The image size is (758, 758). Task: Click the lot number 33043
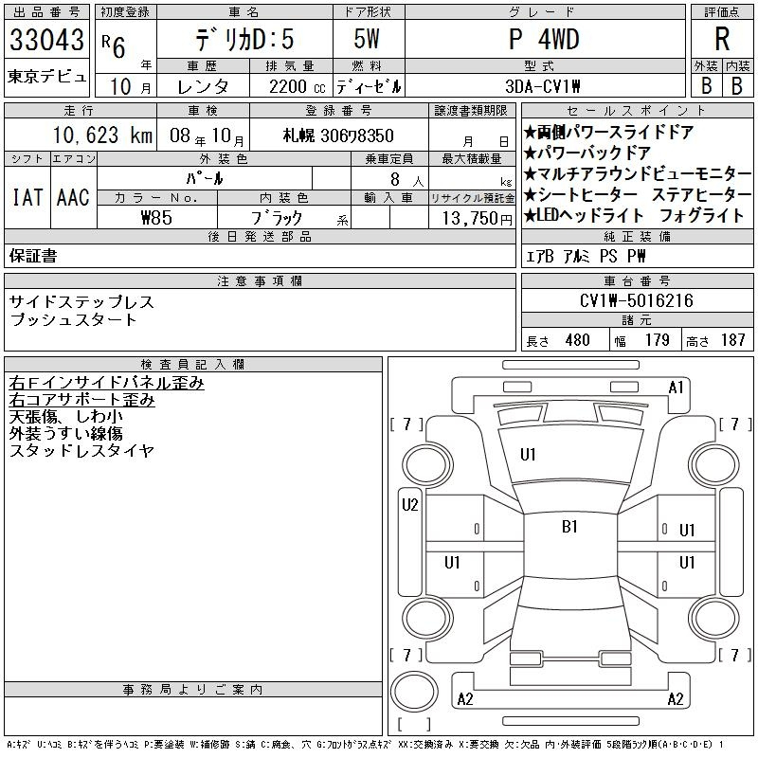[x=46, y=39]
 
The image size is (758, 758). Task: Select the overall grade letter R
[x=722, y=39]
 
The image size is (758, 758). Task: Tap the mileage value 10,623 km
[x=102, y=135]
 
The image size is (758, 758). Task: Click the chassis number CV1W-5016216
[x=636, y=300]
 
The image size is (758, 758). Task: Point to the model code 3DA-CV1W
[x=542, y=86]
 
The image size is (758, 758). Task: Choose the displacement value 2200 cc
[x=297, y=87]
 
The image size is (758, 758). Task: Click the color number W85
[x=156, y=218]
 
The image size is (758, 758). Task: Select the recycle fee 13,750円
[x=478, y=219]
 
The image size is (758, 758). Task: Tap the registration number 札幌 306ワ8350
[x=338, y=135]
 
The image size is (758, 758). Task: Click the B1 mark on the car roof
[x=570, y=527]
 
